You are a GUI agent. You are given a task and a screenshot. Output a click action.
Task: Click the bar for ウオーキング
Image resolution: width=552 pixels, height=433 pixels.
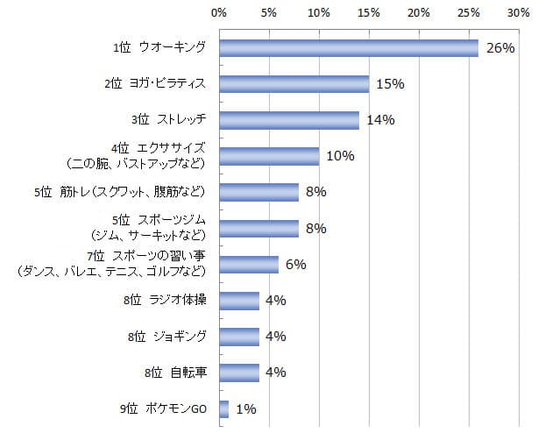(x=349, y=47)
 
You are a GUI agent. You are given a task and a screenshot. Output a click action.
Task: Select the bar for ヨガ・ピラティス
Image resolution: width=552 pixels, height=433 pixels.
(x=294, y=84)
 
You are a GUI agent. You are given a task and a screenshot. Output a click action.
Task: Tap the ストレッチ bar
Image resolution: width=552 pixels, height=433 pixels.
(x=289, y=120)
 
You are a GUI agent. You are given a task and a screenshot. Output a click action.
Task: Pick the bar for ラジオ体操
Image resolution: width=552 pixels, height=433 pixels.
(x=239, y=301)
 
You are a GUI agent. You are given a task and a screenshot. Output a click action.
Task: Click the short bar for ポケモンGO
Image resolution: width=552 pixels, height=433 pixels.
(x=224, y=408)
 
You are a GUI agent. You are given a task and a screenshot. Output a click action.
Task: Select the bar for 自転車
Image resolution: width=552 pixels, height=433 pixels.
(x=239, y=373)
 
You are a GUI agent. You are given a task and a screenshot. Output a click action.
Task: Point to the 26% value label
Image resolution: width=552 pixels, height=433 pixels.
(x=499, y=48)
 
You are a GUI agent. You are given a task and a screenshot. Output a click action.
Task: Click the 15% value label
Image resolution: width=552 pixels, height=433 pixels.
(x=389, y=84)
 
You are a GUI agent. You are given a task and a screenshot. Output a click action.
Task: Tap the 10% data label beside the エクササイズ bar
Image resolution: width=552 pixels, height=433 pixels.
(x=339, y=156)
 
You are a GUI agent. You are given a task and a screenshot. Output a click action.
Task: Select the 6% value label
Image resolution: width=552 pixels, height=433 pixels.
(x=295, y=265)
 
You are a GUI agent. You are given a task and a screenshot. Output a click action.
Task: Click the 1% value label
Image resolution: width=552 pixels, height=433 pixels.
(x=245, y=408)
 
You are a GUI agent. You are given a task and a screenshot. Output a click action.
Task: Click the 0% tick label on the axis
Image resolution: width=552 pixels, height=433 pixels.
(x=219, y=14)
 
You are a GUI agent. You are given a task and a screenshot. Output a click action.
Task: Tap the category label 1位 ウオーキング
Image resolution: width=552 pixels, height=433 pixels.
(x=159, y=47)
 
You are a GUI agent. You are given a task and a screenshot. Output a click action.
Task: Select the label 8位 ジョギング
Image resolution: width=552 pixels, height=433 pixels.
(x=166, y=337)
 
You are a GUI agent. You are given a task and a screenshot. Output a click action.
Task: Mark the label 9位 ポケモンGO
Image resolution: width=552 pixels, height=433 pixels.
(x=162, y=408)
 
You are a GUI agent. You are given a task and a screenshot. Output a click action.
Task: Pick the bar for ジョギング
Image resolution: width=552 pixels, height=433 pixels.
(x=239, y=337)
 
